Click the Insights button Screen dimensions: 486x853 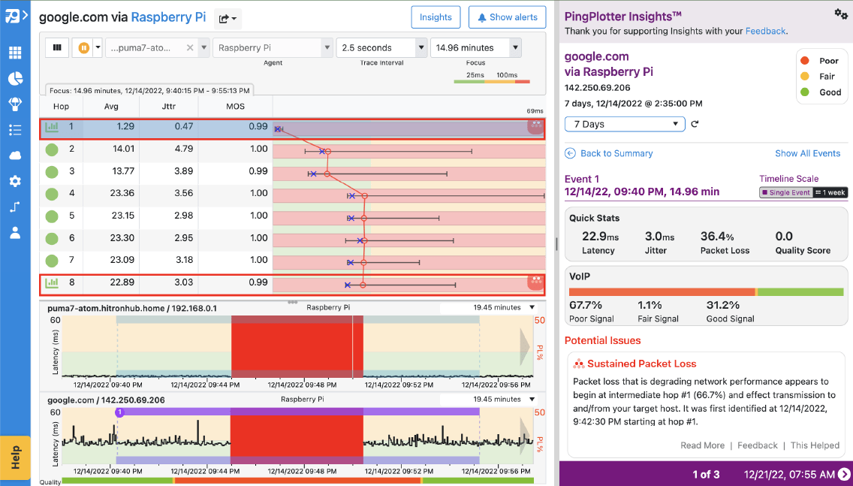[436, 17]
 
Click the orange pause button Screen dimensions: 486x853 [84, 48]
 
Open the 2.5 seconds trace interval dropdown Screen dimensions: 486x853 [421, 48]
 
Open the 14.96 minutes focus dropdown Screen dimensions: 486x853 [515, 48]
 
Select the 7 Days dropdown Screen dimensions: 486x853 [625, 124]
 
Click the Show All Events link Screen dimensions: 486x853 [807, 153]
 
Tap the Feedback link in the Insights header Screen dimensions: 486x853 [765, 31]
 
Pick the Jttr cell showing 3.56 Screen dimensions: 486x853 [184, 193]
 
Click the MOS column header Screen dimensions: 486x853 [235, 107]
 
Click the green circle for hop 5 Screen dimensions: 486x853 [52, 216]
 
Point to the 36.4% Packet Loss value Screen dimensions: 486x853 [717, 237]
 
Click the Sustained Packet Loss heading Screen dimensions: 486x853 [641, 364]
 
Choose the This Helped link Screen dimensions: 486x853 [815, 445]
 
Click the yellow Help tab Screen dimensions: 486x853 [16, 457]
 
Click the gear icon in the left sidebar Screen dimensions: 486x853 [15, 181]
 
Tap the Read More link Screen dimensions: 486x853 [702, 445]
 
